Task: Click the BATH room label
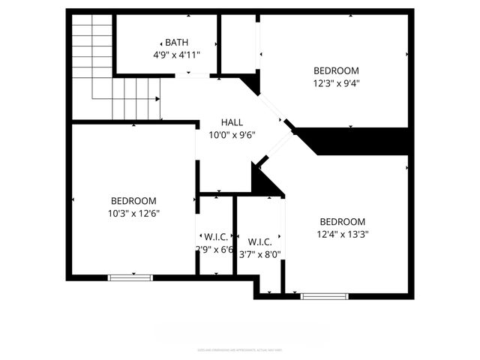(177, 43)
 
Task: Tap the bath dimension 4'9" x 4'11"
(177, 55)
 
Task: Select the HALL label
(232, 122)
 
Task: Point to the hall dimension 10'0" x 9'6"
(232, 135)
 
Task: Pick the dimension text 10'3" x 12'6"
(133, 213)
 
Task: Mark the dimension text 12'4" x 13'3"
(342, 234)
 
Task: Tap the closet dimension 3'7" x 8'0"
(259, 254)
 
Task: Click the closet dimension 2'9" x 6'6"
(214, 250)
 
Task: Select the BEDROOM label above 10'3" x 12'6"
(133, 200)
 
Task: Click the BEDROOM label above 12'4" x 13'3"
(342, 221)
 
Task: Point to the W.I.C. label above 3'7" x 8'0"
(259, 241)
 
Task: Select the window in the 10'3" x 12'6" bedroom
(130, 277)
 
